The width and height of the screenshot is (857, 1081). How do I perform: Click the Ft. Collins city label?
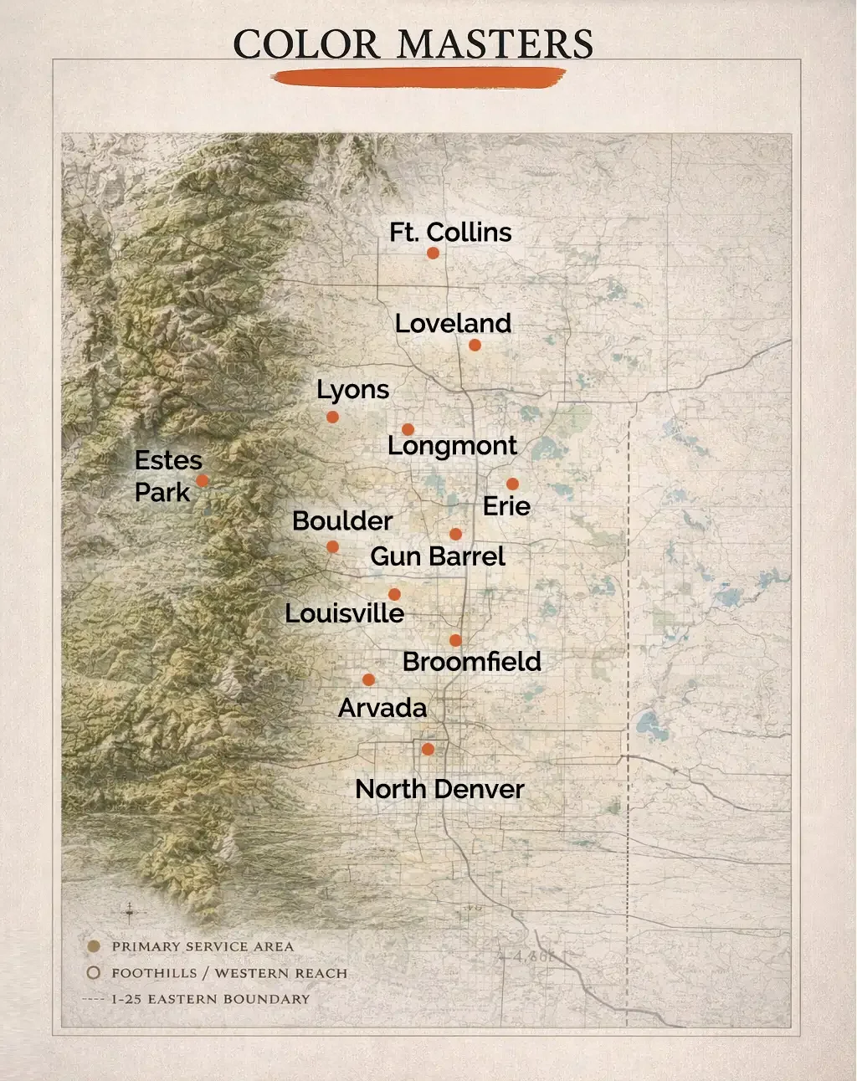click(450, 232)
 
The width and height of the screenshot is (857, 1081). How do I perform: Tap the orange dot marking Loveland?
click(475, 345)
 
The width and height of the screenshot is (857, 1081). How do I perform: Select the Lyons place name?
click(352, 390)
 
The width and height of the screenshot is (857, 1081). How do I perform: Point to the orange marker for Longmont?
click(408, 429)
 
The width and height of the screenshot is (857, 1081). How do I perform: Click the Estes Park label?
click(168, 476)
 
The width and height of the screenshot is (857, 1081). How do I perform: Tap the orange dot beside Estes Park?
click(202, 480)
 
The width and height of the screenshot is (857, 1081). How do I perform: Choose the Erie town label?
click(506, 506)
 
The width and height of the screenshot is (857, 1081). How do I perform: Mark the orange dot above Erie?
click(512, 484)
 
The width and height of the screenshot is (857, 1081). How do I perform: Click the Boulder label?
click(342, 520)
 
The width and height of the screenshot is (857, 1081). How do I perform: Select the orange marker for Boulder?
click(332, 546)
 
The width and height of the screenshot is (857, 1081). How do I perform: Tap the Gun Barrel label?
click(438, 556)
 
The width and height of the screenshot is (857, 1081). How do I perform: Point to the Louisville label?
click(344, 613)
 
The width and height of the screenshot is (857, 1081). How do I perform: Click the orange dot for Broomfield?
click(455, 640)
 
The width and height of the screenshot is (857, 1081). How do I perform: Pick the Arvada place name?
click(382, 708)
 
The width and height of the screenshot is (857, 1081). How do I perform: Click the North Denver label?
click(439, 789)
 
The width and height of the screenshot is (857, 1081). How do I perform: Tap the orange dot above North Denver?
click(428, 749)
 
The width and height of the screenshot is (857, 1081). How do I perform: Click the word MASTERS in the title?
click(495, 44)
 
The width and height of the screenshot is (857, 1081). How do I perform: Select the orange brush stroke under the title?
click(418, 78)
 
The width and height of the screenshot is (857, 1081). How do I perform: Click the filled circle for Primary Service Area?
click(94, 946)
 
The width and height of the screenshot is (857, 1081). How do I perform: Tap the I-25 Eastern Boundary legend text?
click(210, 999)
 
